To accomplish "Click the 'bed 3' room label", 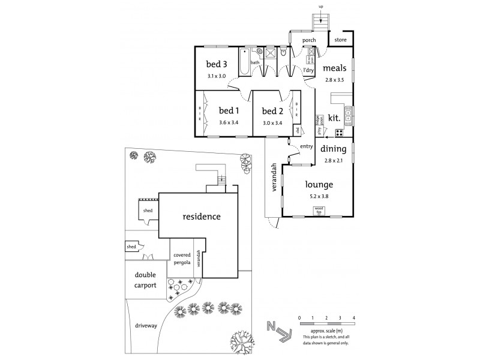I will point(217,65).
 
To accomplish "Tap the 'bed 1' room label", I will point(228,110).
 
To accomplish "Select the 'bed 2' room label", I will point(272,110).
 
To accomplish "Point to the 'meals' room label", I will point(334,68).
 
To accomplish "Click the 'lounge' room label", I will point(318,185).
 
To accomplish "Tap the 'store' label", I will point(341,40).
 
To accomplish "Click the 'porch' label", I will point(309,41).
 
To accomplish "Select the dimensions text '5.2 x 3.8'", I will point(318,196).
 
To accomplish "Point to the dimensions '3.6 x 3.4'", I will point(228,123).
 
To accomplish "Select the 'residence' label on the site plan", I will point(202,216).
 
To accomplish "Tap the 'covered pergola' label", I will point(182,258).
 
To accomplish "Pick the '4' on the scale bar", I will point(354,317).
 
